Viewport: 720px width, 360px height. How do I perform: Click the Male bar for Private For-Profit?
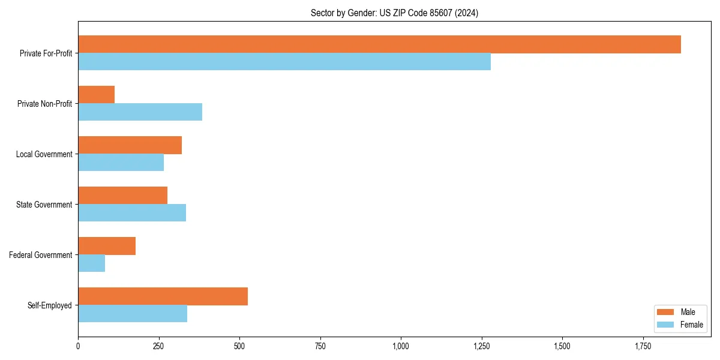(379, 44)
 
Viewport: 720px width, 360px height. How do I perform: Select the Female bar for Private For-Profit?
(284, 62)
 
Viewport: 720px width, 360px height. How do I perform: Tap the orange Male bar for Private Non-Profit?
(96, 95)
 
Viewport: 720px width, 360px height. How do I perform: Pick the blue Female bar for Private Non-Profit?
(140, 112)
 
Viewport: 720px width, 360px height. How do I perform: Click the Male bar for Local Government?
(130, 145)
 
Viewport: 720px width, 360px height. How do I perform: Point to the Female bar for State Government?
(132, 213)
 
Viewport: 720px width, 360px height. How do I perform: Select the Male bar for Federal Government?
(107, 246)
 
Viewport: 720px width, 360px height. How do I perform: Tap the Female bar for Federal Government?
(91, 263)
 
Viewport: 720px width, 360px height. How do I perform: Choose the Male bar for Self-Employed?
(163, 296)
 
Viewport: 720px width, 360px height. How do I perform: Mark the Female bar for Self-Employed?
(133, 314)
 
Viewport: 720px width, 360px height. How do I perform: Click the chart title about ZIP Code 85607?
(394, 13)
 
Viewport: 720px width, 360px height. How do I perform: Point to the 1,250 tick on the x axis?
(481, 346)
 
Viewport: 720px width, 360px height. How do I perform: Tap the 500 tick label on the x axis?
(239, 346)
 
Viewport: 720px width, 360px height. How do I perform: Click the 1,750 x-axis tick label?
(643, 346)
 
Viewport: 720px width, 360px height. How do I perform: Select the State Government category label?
(44, 205)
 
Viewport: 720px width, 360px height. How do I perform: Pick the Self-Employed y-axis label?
(49, 305)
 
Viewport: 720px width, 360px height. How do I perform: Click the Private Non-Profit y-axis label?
(44, 104)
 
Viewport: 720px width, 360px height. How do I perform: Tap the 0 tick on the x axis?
(78, 346)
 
